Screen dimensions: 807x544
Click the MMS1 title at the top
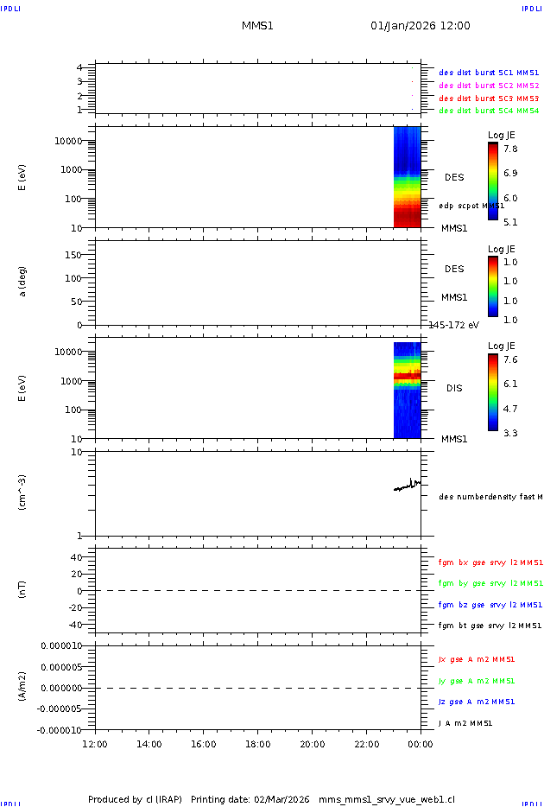(257, 26)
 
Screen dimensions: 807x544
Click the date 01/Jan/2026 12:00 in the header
(420, 26)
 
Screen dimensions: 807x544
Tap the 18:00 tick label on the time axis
(257, 744)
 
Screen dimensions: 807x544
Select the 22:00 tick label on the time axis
(366, 744)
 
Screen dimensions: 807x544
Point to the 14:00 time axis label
(149, 744)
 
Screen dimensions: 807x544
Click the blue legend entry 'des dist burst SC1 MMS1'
(488, 73)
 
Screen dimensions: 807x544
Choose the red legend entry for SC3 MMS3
(488, 98)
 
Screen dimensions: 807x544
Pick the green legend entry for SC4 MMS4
(488, 111)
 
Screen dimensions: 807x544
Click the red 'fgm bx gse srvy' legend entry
(490, 562)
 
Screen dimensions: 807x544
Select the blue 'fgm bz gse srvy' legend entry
(490, 605)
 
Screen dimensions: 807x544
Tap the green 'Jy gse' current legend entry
(477, 681)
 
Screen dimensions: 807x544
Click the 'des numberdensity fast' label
(490, 497)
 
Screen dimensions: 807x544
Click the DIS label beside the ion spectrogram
(454, 388)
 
